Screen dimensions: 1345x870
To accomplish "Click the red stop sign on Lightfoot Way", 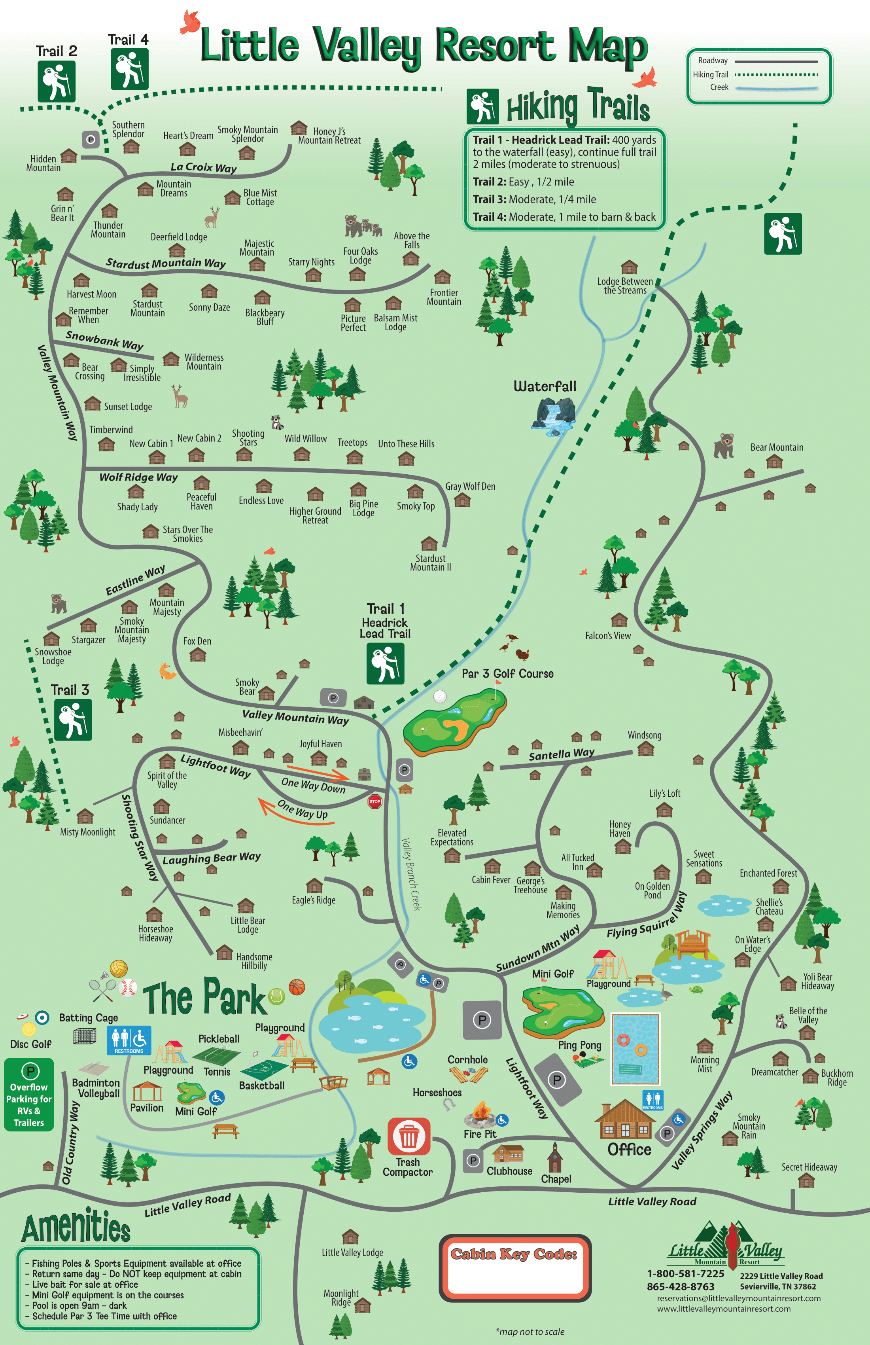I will click(x=374, y=801).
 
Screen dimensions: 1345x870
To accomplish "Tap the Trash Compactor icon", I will click(x=409, y=1136).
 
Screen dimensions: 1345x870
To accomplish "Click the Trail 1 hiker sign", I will click(x=385, y=664).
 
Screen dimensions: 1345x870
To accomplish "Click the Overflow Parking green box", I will click(x=29, y=1095).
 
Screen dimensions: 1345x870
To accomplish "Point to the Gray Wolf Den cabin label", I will click(x=470, y=486).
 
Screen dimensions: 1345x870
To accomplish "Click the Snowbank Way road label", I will click(x=104, y=340).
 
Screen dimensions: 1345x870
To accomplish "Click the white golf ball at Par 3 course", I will click(x=439, y=697).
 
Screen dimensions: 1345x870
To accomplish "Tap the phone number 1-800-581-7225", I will click(x=685, y=1274).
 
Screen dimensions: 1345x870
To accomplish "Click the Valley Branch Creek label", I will click(x=412, y=874).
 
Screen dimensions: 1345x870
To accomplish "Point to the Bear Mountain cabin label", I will click(x=776, y=447).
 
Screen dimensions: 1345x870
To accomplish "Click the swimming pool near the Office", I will click(x=635, y=1048).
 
